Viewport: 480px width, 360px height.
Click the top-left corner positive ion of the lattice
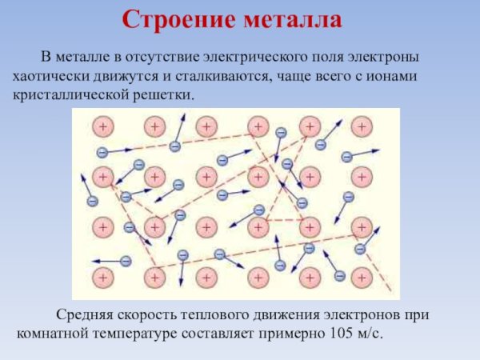coord(102,126)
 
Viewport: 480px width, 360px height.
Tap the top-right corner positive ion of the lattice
coord(362,126)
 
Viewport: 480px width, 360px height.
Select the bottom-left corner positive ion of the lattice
coord(102,277)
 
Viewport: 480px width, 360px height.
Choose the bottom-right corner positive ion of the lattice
coord(362,277)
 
